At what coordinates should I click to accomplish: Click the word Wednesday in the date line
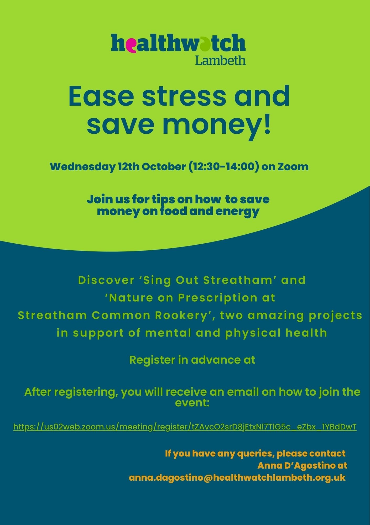tap(83, 167)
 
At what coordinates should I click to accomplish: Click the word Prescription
tap(218, 298)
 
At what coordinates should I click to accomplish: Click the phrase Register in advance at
tap(192, 360)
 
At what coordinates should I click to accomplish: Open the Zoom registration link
tap(185, 427)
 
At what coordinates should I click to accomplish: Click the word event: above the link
tap(192, 403)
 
